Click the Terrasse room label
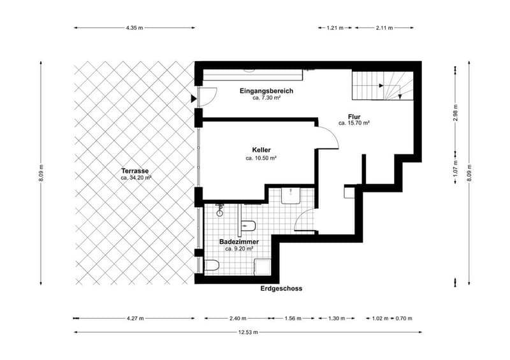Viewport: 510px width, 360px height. tap(135, 171)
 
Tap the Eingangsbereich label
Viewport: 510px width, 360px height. tap(266, 90)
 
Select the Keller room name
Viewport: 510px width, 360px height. tap(261, 150)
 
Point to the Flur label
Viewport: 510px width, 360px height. tap(354, 117)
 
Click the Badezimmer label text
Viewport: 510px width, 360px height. tap(239, 242)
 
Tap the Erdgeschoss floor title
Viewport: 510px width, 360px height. tap(281, 289)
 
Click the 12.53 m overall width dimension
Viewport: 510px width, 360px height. tap(248, 332)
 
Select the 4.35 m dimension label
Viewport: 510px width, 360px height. tap(135, 27)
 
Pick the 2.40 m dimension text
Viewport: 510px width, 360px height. tap(238, 319)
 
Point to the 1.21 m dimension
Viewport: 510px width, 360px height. tap(335, 27)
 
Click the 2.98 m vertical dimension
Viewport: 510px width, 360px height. tap(455, 113)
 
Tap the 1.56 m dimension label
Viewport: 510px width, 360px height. tap(293, 319)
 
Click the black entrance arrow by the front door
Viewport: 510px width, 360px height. tap(194, 99)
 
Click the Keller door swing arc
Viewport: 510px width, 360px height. tap(332, 135)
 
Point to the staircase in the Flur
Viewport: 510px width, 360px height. tap(382, 86)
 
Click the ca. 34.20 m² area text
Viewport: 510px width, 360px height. tap(136, 178)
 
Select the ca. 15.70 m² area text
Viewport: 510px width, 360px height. tap(354, 123)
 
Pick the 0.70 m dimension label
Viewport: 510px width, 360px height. tap(404, 319)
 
